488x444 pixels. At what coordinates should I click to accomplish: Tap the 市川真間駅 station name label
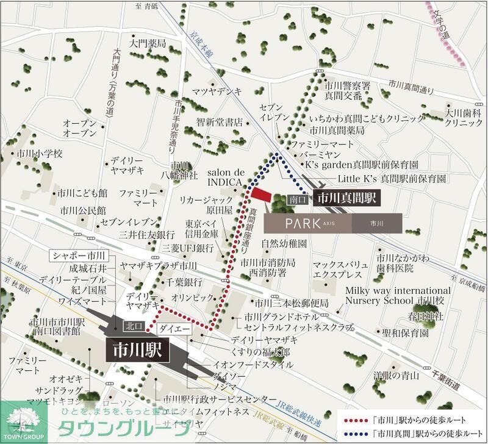pyautogui.click(x=348, y=198)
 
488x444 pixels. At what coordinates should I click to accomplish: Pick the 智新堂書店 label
pyautogui.click(x=220, y=122)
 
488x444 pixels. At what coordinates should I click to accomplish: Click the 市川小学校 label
pyautogui.click(x=40, y=154)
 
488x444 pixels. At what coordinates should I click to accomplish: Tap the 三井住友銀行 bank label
pyautogui.click(x=147, y=234)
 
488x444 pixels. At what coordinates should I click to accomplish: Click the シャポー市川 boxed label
pyautogui.click(x=80, y=255)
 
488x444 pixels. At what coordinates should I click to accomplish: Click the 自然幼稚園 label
pyautogui.click(x=284, y=243)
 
